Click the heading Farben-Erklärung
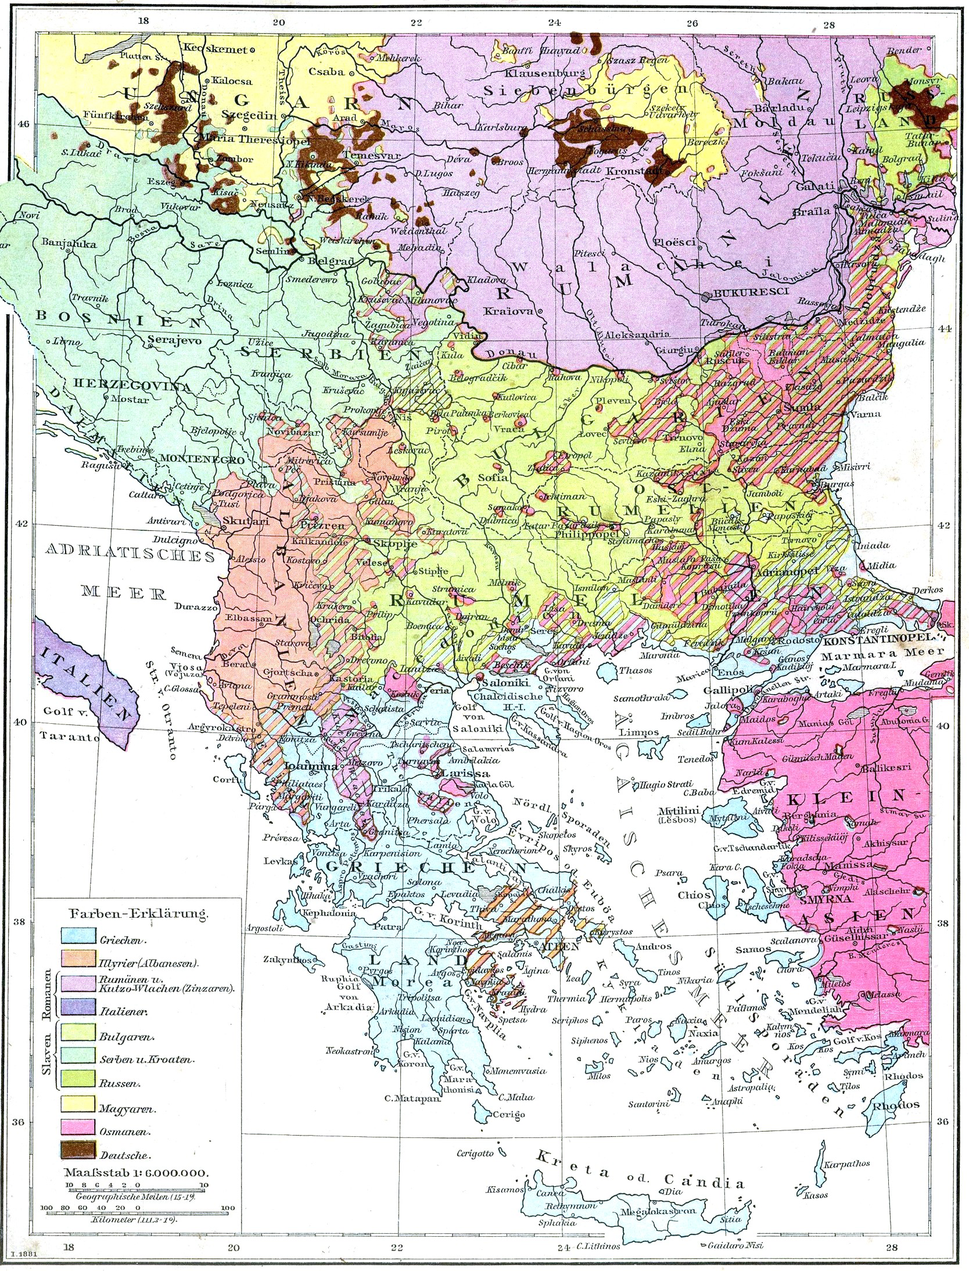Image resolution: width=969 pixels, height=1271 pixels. [139, 914]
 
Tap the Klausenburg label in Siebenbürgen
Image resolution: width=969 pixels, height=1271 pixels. [543, 74]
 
